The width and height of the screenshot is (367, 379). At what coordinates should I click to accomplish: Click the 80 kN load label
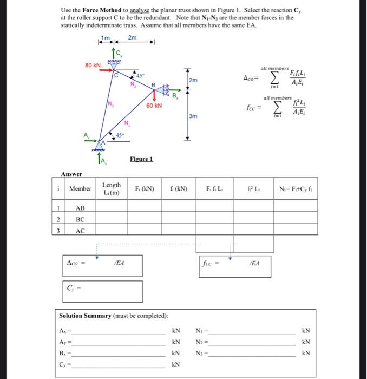(92, 65)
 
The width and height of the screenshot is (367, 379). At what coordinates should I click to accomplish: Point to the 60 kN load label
(155, 106)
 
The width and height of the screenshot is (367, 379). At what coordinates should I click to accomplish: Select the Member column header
(80, 189)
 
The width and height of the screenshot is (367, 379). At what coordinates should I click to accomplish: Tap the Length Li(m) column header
(112, 189)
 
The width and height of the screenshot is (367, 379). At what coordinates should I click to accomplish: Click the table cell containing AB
(80, 208)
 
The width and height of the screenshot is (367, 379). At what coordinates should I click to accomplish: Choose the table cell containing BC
(80, 219)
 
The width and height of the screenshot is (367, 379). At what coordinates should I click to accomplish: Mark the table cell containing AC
(80, 231)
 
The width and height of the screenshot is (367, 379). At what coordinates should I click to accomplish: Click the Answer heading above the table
(71, 174)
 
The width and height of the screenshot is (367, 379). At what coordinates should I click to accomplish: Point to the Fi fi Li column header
(215, 189)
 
